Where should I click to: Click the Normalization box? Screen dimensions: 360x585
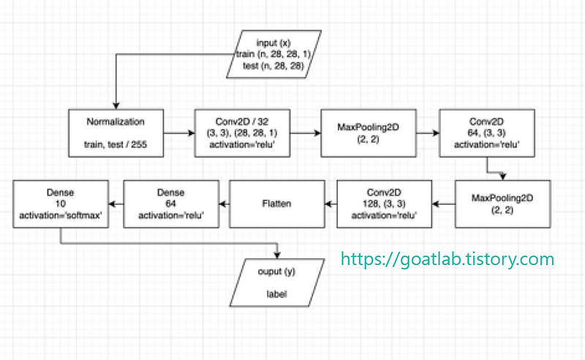(115, 133)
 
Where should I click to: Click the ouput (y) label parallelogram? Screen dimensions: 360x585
(276, 282)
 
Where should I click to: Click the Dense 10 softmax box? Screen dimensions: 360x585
(61, 204)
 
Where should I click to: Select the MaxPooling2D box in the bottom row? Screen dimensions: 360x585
(502, 204)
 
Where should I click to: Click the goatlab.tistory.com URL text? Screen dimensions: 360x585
(448, 258)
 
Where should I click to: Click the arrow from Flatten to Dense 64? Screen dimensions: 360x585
(224, 204)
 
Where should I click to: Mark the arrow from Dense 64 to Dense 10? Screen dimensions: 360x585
(116, 204)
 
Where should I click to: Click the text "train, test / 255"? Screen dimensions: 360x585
(115, 145)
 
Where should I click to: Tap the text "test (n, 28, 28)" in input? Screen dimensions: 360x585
(276, 65)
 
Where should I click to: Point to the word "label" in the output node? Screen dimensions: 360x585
(276, 294)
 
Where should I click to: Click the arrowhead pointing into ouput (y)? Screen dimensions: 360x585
(276, 255)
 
